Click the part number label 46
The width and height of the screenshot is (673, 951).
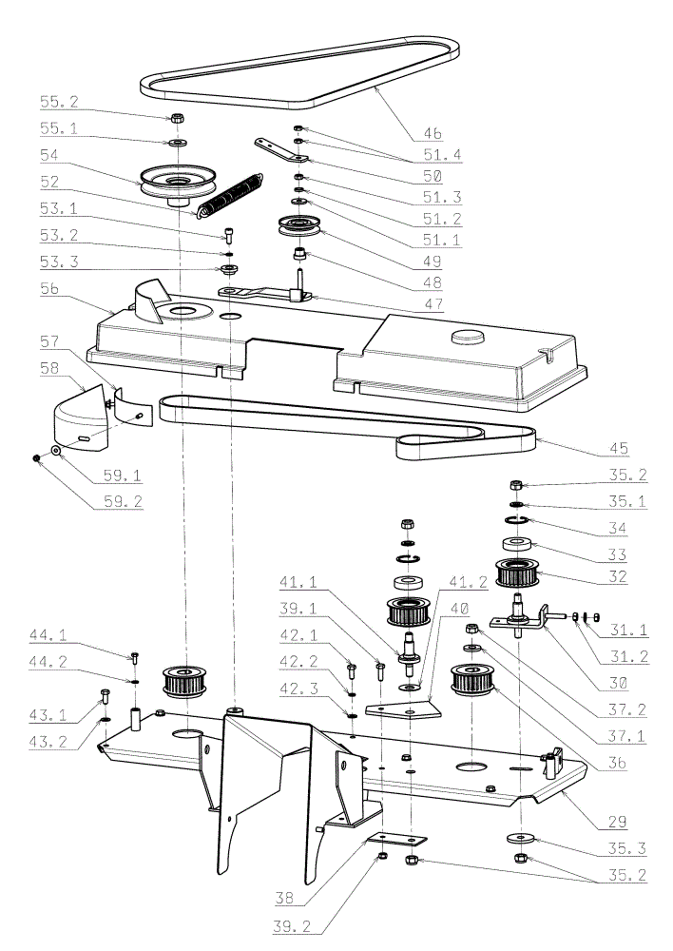tap(433, 133)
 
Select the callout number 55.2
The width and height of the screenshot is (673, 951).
tap(59, 102)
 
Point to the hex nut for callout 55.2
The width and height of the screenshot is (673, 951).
tap(179, 117)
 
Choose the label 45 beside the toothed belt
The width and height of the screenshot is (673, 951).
tap(619, 448)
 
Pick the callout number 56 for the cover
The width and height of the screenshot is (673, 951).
tap(49, 288)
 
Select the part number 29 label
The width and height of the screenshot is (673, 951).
tap(617, 822)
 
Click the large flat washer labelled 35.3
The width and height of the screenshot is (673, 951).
tap(519, 838)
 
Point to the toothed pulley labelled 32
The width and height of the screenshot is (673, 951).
tap(514, 573)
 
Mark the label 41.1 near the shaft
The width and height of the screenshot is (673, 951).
tap(298, 582)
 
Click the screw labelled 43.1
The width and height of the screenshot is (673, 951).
tap(105, 696)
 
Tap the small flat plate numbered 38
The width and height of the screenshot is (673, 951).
tap(397, 839)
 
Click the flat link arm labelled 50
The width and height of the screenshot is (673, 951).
tap(280, 150)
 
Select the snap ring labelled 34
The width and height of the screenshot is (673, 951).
tap(517, 519)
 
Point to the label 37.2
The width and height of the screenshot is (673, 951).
tap(628, 709)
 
